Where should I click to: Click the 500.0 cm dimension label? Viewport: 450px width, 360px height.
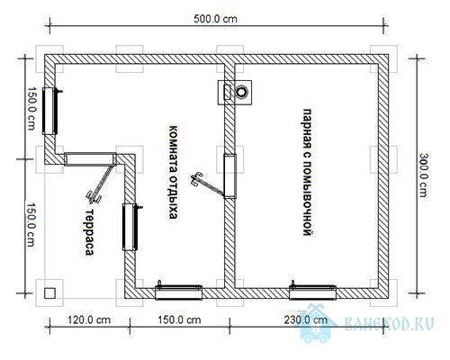(215, 19)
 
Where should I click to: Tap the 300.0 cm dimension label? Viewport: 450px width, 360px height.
(423, 175)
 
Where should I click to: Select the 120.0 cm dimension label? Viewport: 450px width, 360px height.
(89, 320)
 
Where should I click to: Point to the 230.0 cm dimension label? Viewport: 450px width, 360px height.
(306, 320)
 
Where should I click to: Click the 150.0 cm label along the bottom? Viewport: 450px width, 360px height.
(179, 320)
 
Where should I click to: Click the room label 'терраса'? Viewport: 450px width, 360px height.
(89, 231)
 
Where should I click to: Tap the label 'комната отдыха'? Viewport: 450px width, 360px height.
(173, 172)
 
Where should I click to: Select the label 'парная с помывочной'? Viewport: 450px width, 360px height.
(307, 173)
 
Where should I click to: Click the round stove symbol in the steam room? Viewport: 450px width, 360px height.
(241, 92)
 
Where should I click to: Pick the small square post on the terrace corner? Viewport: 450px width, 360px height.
(49, 292)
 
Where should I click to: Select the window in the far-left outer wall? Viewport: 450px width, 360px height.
(50, 111)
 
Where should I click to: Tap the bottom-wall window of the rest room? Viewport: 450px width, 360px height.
(178, 292)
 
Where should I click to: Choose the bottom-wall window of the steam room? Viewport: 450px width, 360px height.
(312, 292)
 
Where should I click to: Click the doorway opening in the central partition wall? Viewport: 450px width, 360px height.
(230, 176)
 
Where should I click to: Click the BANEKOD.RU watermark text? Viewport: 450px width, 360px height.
(389, 324)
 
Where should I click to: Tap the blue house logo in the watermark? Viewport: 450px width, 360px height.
(317, 323)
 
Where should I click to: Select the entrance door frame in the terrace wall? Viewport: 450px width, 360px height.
(90, 159)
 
